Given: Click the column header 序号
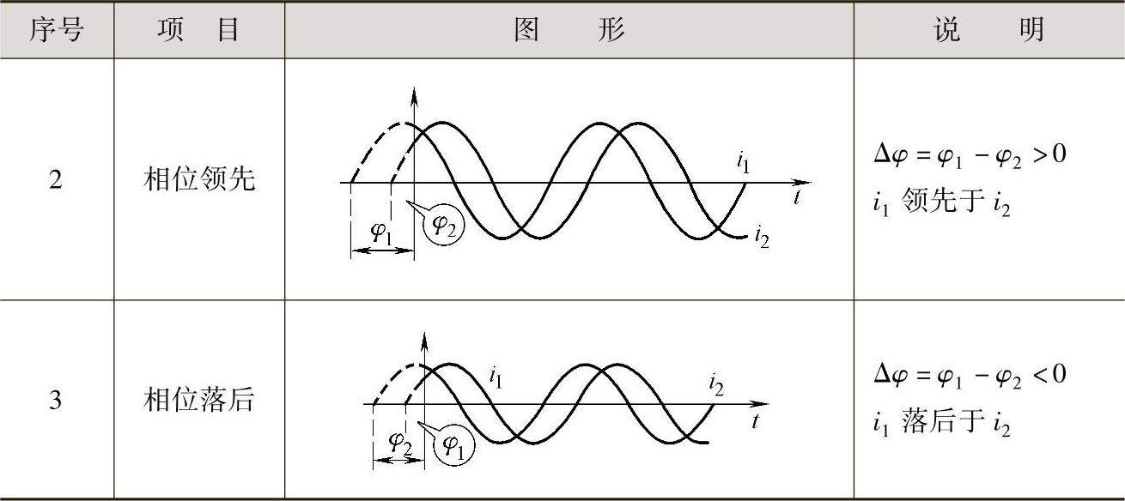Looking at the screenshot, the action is pyautogui.click(x=57, y=31).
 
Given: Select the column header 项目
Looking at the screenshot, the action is pyautogui.click(x=198, y=31).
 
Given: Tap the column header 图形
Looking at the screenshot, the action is pyautogui.click(x=569, y=31).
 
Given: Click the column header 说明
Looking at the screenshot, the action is pyautogui.click(x=988, y=31).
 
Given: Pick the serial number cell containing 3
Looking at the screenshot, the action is pyautogui.click(x=56, y=401).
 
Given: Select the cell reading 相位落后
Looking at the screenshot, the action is pyautogui.click(x=198, y=401).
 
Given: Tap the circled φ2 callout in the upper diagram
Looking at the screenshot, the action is pyautogui.click(x=445, y=226).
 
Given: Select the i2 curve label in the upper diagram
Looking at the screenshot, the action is pyautogui.click(x=761, y=237).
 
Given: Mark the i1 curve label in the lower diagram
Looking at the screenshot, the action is pyautogui.click(x=496, y=375).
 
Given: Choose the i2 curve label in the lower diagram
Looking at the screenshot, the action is pyautogui.click(x=716, y=384).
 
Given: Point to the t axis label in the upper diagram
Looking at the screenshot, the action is pyautogui.click(x=798, y=197).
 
